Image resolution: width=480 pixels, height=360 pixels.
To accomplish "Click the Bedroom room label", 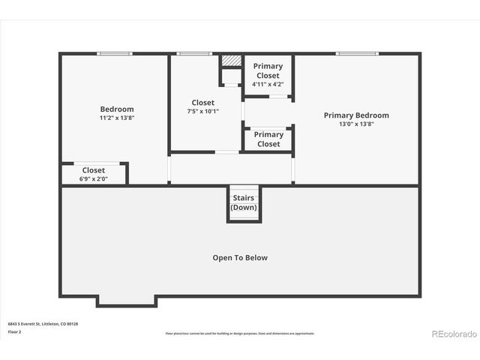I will [x=117, y=109].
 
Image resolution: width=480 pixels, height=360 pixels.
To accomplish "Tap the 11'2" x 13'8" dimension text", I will [x=117, y=118].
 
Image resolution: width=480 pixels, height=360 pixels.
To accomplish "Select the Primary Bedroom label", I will [x=356, y=115].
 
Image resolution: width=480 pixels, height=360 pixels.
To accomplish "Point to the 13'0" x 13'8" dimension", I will [x=356, y=124].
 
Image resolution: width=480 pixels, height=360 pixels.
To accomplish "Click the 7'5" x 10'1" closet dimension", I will [x=202, y=112].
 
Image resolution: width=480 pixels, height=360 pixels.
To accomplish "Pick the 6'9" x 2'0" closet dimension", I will [x=94, y=178].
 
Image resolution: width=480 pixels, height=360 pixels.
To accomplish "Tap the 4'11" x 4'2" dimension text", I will [x=268, y=84].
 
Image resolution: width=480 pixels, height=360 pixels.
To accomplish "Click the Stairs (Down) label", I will [x=244, y=202].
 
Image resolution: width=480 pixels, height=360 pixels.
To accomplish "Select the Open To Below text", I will [x=240, y=257].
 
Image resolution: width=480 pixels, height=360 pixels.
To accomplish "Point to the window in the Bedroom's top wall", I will [x=115, y=53].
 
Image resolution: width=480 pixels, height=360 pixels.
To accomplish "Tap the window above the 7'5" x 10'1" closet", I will [x=194, y=53].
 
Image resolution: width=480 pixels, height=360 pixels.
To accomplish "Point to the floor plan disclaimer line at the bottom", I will [x=240, y=333].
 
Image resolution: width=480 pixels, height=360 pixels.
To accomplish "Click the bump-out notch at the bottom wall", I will [x=126, y=301].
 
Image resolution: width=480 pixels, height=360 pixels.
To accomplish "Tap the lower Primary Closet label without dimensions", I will [x=268, y=139].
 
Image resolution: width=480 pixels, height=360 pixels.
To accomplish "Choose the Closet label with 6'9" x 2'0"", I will [x=94, y=170].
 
